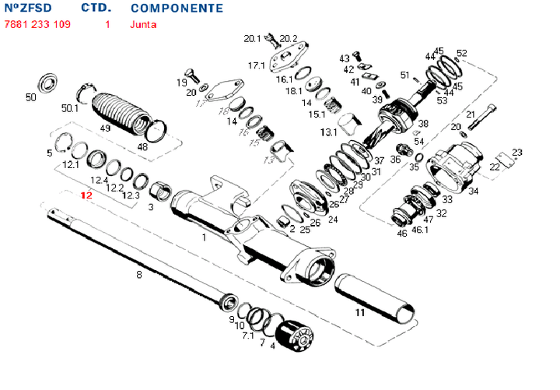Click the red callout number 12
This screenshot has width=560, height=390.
[86, 195]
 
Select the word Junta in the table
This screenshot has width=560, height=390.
[144, 24]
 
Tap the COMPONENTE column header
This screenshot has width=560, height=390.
[177, 9]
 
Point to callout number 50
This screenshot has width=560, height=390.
[31, 97]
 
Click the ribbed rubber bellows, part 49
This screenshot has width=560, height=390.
[119, 108]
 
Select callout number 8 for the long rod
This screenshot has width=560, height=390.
[139, 274]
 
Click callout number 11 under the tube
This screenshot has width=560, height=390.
[359, 313]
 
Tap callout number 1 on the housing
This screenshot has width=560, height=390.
[204, 237]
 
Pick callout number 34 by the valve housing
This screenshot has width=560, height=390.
[474, 191]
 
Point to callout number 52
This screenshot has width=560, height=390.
[462, 53]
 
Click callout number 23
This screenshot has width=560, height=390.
[516, 153]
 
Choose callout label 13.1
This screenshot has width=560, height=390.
[328, 132]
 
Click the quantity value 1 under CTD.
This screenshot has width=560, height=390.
[107, 24]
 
